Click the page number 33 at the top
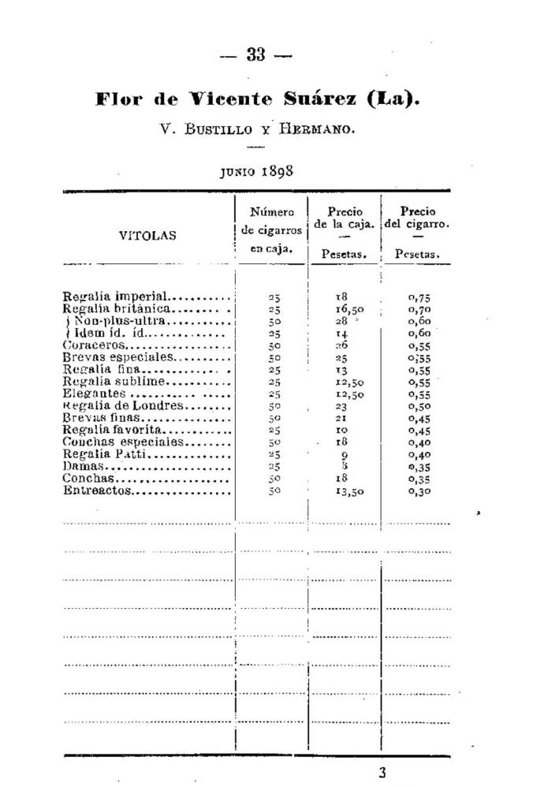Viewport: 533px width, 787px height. point(256,55)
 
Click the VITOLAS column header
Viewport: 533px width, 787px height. point(147,235)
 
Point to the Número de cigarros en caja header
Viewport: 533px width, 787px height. point(271,229)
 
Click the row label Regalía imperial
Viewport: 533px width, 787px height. point(116,297)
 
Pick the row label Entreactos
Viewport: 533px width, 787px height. point(98,490)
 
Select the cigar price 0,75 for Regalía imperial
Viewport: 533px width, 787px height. point(419,297)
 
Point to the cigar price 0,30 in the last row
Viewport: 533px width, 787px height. point(419,490)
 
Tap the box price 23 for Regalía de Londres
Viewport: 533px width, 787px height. point(342,406)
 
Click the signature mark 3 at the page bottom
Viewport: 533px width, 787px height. point(383,773)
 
